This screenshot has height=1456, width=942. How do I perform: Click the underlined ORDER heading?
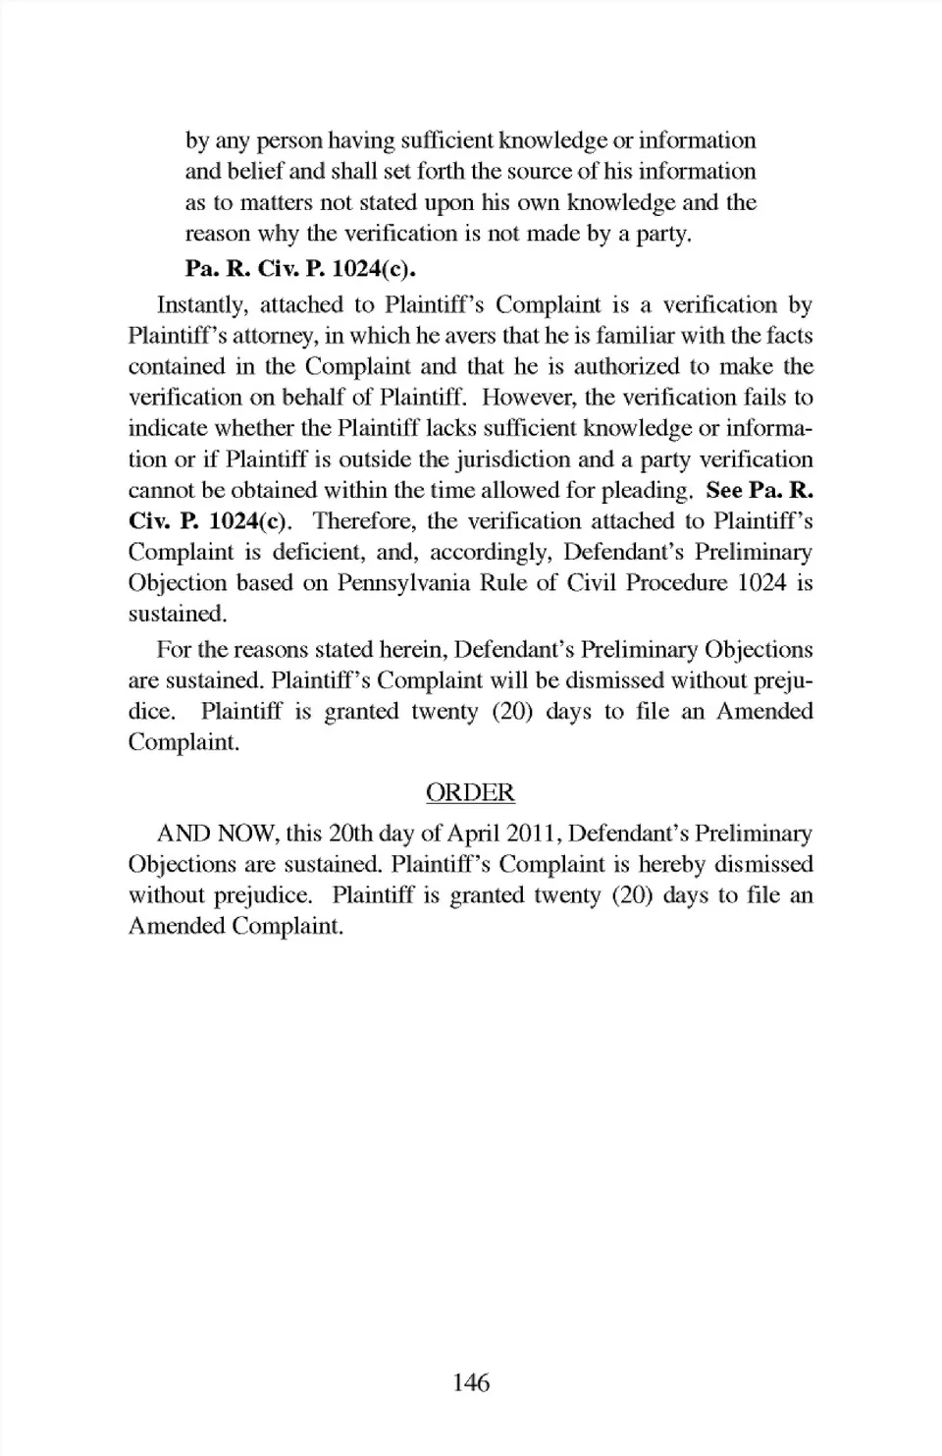click(470, 792)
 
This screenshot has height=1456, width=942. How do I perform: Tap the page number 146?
click(471, 1382)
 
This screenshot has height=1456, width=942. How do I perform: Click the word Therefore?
click(362, 521)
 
